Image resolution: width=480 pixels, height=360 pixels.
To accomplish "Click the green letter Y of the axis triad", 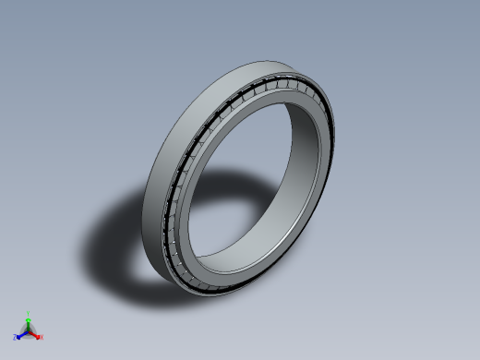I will [x=28, y=313].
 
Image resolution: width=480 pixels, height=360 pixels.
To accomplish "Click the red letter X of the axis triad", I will [x=42, y=337].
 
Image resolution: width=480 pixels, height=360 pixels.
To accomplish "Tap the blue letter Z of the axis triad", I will [x=15, y=337].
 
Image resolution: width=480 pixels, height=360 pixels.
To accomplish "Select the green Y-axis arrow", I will [x=28, y=323].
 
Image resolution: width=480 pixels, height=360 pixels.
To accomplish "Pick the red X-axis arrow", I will [x=35, y=335].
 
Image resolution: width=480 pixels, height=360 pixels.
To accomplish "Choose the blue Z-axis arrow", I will [x=21, y=335].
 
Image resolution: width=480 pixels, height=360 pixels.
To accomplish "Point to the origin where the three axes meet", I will [x=29, y=331].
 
